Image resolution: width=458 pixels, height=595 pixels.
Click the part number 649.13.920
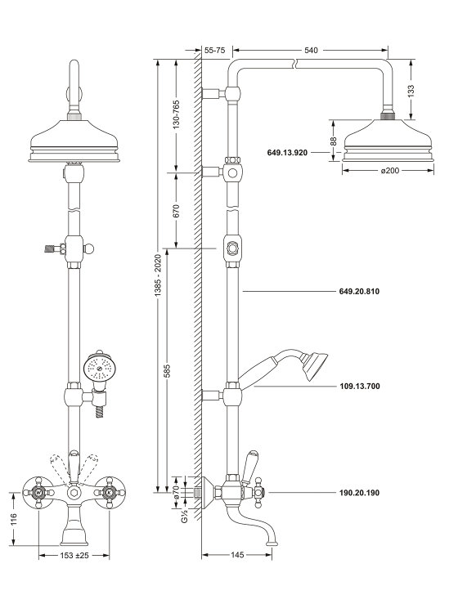click(x=287, y=153)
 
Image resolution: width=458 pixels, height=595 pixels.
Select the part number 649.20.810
click(x=359, y=292)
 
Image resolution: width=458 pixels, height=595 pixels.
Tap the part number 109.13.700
click(x=359, y=387)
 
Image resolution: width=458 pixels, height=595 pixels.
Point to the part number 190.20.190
click(x=359, y=493)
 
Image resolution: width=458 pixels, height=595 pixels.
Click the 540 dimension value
click(x=311, y=50)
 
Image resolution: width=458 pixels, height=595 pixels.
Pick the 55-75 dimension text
click(x=214, y=50)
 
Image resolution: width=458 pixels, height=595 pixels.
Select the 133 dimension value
click(x=411, y=91)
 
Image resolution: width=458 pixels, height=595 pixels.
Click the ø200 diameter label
click(x=389, y=171)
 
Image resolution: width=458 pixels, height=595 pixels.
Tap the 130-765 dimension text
click(x=176, y=114)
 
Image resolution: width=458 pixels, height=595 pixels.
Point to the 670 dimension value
click(x=176, y=211)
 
